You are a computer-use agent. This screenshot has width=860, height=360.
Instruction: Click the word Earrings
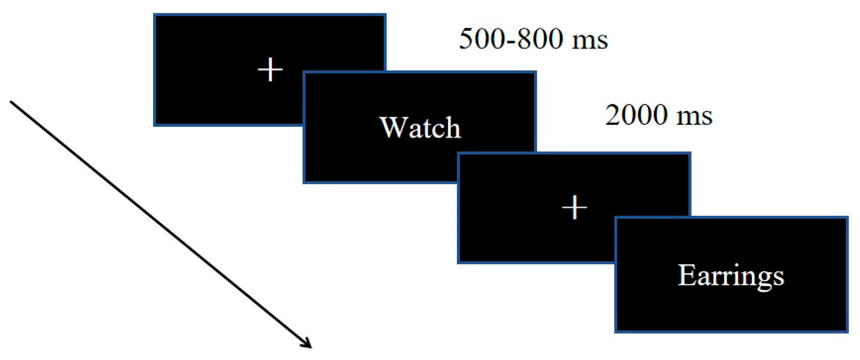pyautogui.click(x=731, y=276)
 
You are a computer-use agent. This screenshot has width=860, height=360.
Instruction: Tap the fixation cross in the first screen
pyautogui.click(x=270, y=69)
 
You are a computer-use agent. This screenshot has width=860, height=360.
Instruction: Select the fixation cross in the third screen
pyautogui.click(x=574, y=207)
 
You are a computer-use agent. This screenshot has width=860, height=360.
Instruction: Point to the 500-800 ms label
pyautogui.click(x=533, y=39)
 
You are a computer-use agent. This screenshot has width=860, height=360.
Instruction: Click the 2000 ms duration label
pyautogui.click(x=658, y=115)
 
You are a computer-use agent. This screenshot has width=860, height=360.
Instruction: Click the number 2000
pyautogui.click(x=636, y=115)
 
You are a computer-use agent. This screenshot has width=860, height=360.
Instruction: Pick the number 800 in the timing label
pyautogui.click(x=540, y=39)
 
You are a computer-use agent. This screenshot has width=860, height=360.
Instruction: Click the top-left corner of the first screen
pyautogui.click(x=155, y=15)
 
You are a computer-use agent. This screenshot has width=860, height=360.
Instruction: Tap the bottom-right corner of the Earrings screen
pyautogui.click(x=847, y=332)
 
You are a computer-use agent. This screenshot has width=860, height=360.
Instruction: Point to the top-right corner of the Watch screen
pyautogui.click(x=535, y=72)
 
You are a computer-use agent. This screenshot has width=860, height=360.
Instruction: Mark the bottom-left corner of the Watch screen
pyautogui.click(x=304, y=182)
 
